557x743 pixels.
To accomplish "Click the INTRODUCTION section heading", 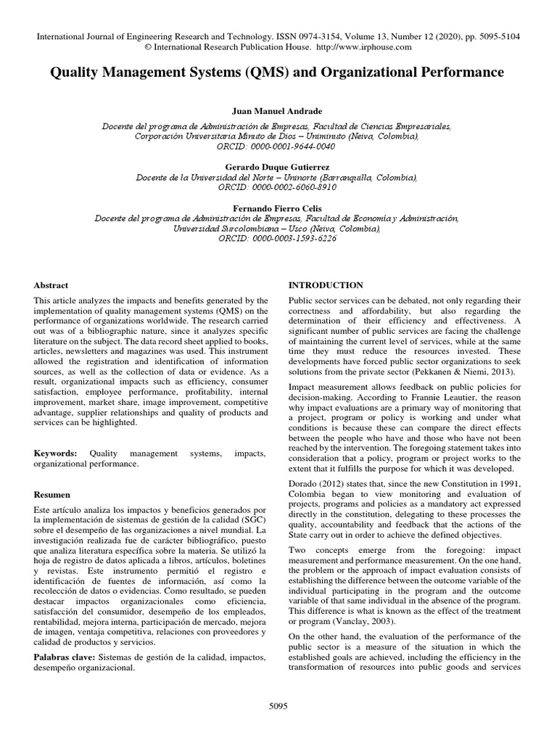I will click(x=326, y=285).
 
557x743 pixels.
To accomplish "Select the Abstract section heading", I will click(x=51, y=286).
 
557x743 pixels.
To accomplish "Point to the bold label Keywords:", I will click(x=56, y=453).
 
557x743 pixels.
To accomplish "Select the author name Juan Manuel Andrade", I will click(x=278, y=113).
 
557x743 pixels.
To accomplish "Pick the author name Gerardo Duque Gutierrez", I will click(x=278, y=166).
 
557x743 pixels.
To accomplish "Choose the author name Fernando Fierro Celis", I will click(x=278, y=208).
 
